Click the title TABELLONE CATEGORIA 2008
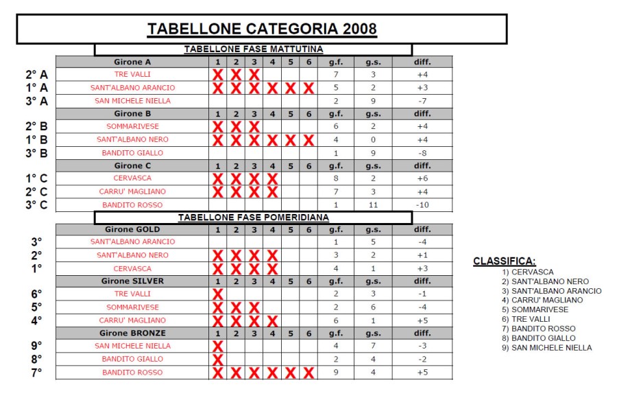[x=262, y=29]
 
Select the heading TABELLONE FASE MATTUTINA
[x=253, y=49]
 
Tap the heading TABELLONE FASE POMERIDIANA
[x=253, y=218]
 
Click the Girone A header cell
[x=132, y=62]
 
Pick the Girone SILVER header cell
[x=132, y=281]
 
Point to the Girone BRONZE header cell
[x=132, y=333]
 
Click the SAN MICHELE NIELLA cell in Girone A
[x=132, y=101]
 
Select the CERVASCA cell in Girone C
[x=132, y=178]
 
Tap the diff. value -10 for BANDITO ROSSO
[x=422, y=205]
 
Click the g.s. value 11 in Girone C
[x=373, y=205]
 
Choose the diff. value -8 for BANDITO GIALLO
[x=422, y=153]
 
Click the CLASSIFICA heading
[x=504, y=261]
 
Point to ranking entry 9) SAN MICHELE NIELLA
[x=546, y=348]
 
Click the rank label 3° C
[x=36, y=204]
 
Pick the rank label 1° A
[x=36, y=88]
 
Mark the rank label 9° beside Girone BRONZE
[x=36, y=346]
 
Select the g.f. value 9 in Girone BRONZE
[x=336, y=373]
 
